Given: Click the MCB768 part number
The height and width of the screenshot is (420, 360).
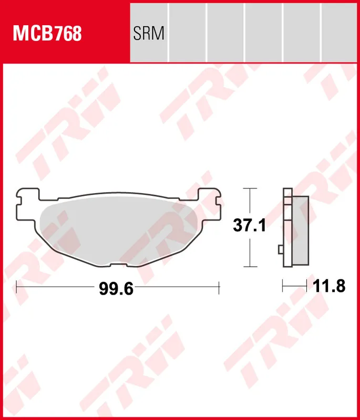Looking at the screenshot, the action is coord(47,33).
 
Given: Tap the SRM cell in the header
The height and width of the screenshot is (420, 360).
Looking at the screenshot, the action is coord(149,33).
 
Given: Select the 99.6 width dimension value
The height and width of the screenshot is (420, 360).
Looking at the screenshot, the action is coord(116,289).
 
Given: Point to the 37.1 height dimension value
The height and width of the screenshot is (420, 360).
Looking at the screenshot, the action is coord(249,225).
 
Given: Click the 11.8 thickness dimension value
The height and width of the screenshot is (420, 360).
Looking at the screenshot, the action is coord(329,286).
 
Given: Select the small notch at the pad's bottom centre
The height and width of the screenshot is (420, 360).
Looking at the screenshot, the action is coord(118,265).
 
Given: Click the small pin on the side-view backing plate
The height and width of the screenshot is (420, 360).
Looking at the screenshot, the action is coord(281,249).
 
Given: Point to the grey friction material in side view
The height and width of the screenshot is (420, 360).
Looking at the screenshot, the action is coord(300,230).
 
